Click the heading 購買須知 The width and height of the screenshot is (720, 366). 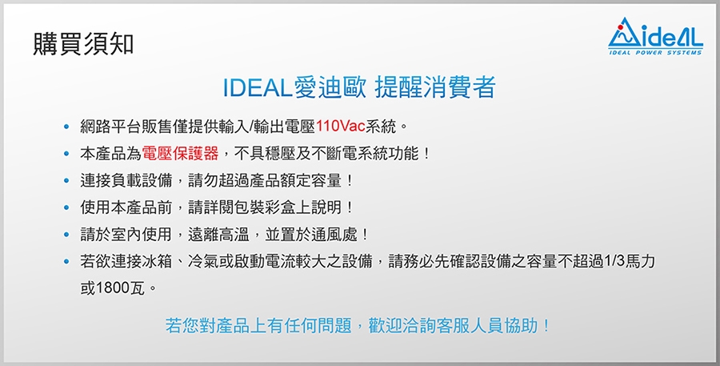click(83, 44)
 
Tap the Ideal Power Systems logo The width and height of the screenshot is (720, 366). click(655, 36)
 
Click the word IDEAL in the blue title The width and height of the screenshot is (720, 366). click(258, 88)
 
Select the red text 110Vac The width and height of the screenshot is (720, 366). click(340, 126)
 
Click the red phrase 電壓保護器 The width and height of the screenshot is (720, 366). click(180, 153)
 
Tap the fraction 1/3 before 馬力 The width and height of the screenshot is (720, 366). click(613, 262)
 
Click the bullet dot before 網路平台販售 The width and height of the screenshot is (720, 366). click(67, 127)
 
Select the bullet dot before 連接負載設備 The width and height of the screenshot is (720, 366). click(67, 181)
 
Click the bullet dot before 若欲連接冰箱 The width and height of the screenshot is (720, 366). click(67, 262)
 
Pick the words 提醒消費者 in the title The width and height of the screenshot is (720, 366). click(435, 88)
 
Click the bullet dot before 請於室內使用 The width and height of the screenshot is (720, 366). click(67, 235)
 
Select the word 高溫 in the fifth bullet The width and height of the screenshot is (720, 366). click(234, 235)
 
